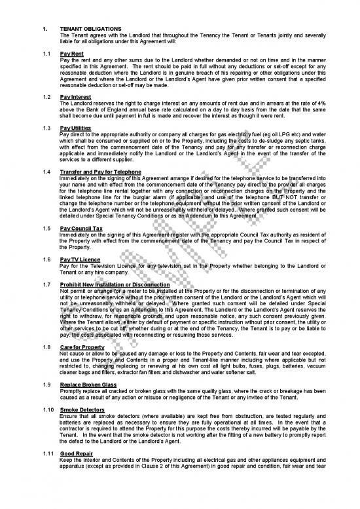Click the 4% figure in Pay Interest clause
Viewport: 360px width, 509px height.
coord(314,103)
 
